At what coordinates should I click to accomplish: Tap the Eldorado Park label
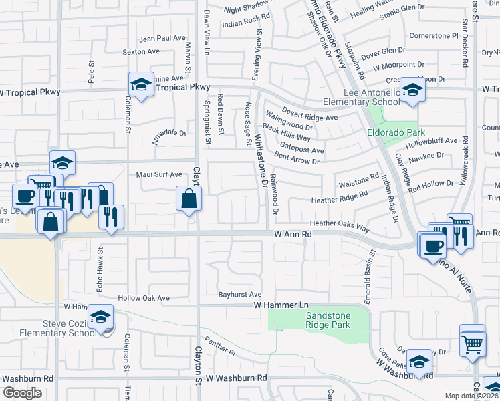pos(396,132)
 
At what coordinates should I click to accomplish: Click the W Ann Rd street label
pos(293,235)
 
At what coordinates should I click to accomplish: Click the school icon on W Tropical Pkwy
pos(141,84)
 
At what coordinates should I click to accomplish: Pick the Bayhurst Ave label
pos(239,294)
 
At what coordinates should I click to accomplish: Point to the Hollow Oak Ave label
pos(144,298)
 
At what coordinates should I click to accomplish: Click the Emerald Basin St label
pos(369,265)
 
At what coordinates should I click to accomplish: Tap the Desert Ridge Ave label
pos(309,114)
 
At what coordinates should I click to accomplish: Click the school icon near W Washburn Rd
pos(419,362)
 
